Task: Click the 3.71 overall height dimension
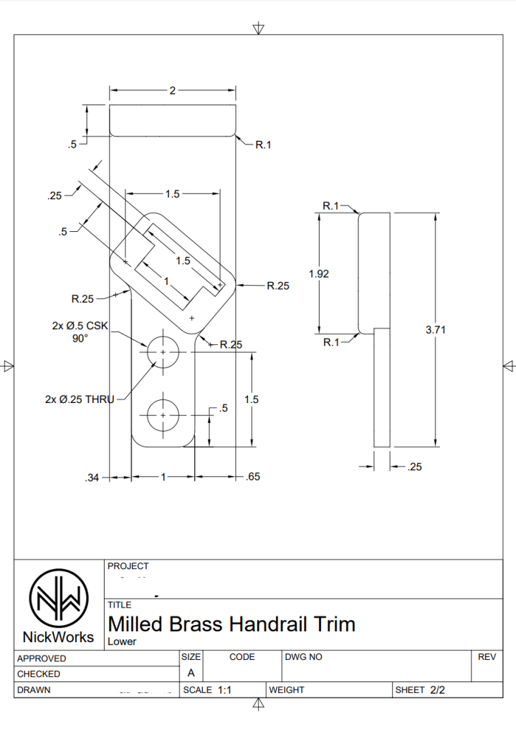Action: (x=435, y=330)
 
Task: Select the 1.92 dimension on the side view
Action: (x=319, y=273)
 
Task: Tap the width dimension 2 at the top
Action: (x=172, y=91)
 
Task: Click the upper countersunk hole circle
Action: (x=163, y=353)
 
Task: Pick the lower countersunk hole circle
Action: (x=163, y=415)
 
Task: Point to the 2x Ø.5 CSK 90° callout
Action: (x=80, y=331)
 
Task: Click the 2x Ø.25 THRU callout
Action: (x=79, y=399)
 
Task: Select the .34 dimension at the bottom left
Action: (x=92, y=477)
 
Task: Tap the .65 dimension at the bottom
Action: (x=252, y=477)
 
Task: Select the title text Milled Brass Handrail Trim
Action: (x=231, y=624)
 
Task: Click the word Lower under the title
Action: (x=122, y=641)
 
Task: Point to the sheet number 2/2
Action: (x=438, y=690)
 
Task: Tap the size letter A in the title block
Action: (x=191, y=674)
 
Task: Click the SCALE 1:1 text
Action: (x=208, y=690)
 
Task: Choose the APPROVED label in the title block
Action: (x=42, y=659)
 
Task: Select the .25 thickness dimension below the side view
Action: (x=414, y=467)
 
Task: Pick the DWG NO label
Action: (x=304, y=656)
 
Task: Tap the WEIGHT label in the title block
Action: (x=287, y=690)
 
